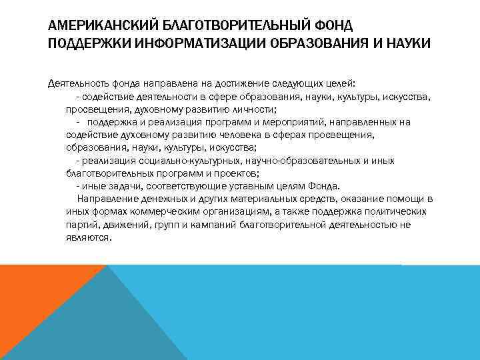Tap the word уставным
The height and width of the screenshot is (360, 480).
click(248, 185)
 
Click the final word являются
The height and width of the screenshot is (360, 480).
click(87, 237)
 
